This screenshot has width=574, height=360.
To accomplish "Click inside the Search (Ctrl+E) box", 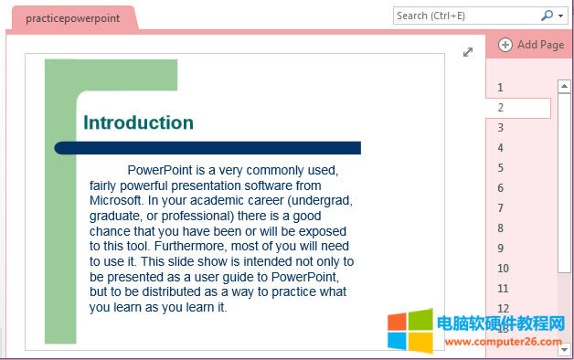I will [462, 16].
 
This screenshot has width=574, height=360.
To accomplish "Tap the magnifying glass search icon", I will [547, 16].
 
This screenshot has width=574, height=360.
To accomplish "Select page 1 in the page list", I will [501, 88].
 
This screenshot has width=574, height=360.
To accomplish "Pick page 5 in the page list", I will [501, 168].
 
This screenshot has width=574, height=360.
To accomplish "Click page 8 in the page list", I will [501, 228].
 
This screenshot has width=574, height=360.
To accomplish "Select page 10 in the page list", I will [503, 269].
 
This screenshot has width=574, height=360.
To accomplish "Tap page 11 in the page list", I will [503, 289].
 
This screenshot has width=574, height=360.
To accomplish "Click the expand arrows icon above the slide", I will [468, 53].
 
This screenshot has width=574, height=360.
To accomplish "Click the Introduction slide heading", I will [138, 123].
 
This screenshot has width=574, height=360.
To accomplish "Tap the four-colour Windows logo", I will [409, 331].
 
